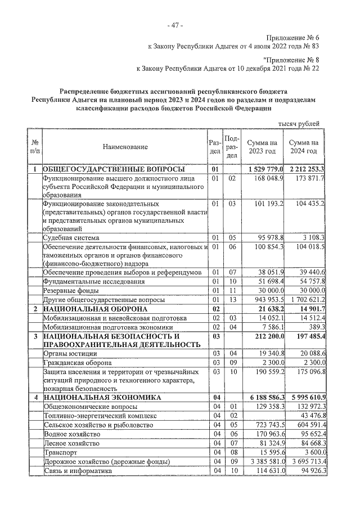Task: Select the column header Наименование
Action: click(125, 147)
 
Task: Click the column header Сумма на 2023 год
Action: click(262, 147)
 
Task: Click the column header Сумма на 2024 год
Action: click(304, 147)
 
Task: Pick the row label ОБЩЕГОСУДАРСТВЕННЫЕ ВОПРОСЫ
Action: click(114, 169)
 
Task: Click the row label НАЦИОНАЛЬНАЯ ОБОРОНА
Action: click(95, 309)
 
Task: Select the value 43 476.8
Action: click(309, 416)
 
